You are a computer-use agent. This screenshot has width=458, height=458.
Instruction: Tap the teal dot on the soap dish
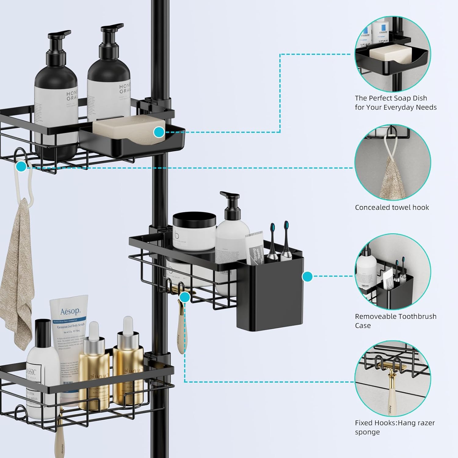159,132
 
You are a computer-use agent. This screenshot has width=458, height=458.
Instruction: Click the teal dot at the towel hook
21,167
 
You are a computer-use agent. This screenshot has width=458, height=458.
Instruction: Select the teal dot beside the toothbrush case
307,277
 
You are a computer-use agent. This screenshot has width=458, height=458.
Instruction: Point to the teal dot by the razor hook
184,296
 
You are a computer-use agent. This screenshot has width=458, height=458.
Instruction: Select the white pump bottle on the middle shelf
232,238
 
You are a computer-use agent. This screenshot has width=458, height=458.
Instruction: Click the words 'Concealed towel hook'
392,208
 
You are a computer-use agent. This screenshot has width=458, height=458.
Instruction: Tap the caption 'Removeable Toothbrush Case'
395,321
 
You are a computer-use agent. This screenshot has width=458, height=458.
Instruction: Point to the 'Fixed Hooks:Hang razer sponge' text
394,427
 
